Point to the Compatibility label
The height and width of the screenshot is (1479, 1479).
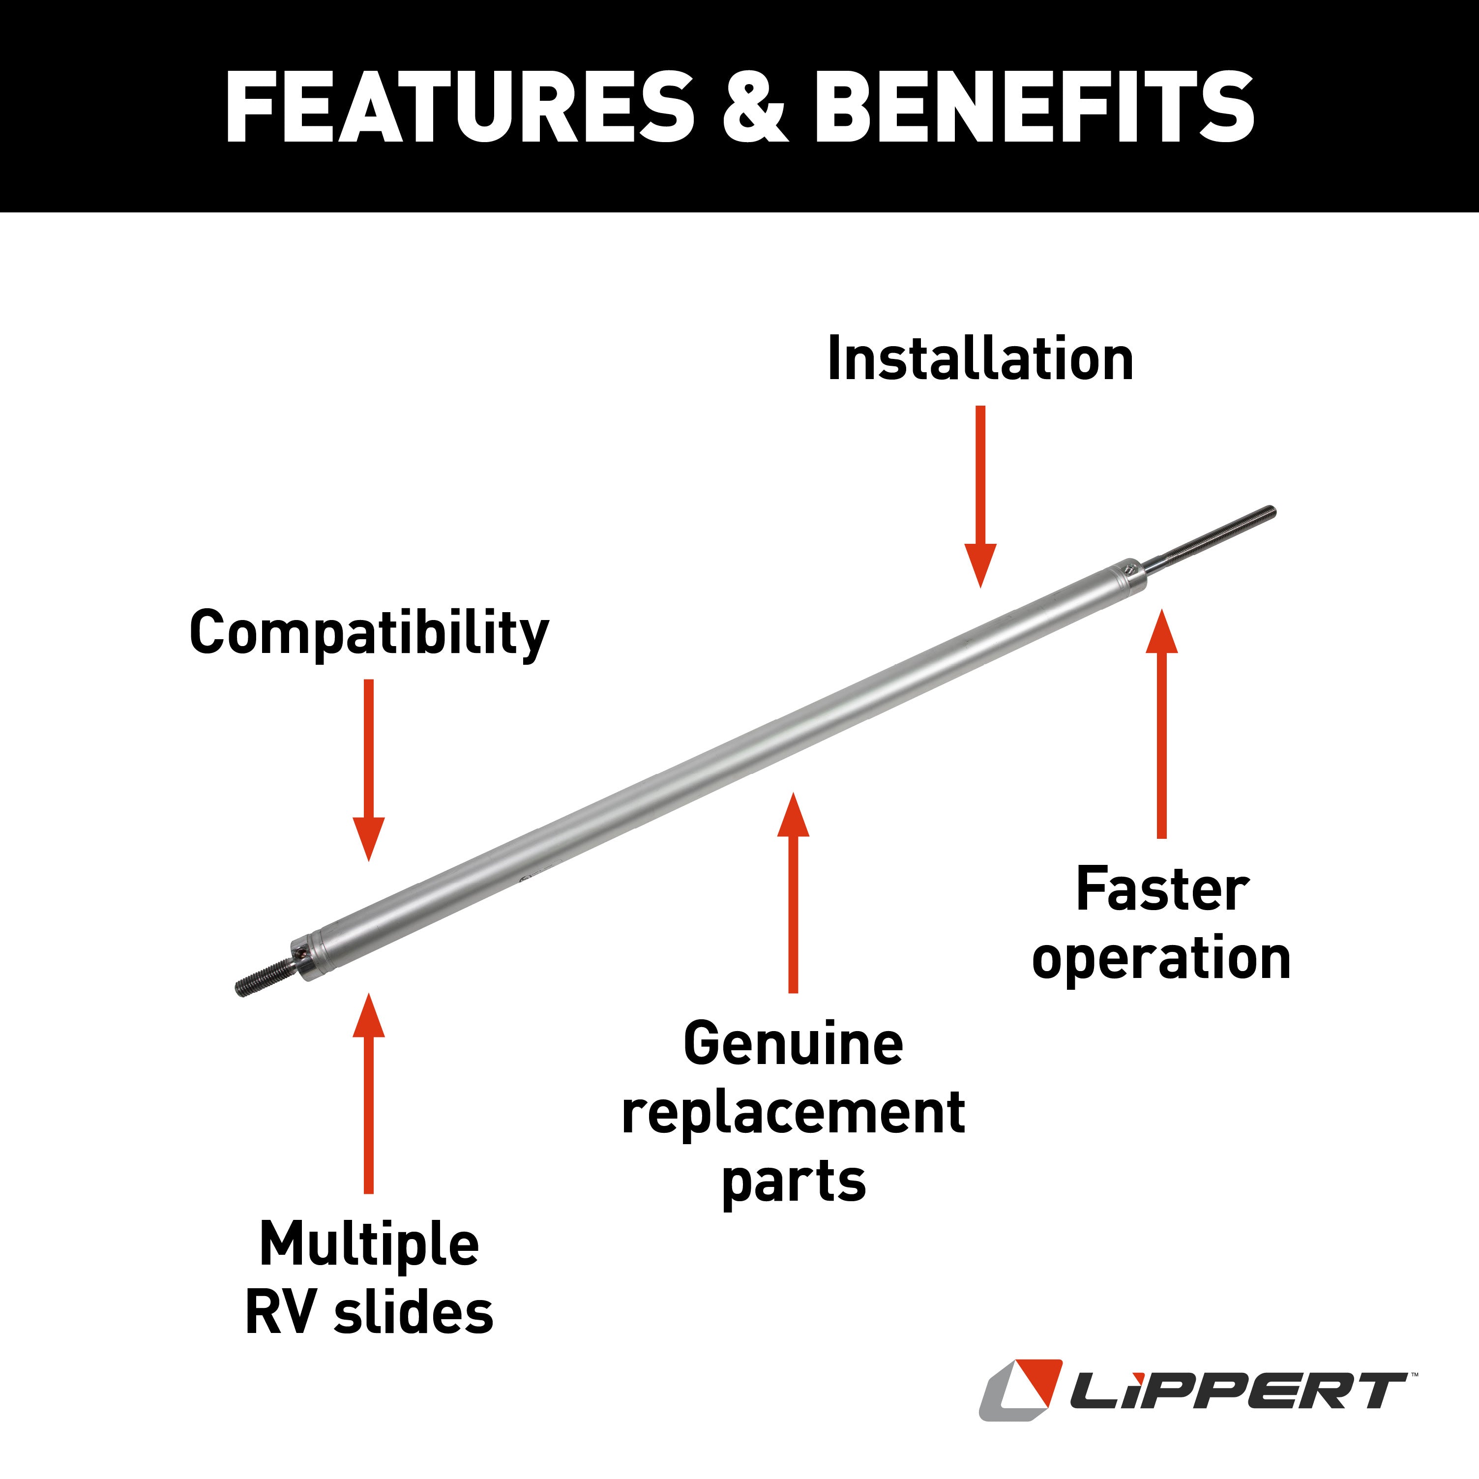pyautogui.click(x=369, y=634)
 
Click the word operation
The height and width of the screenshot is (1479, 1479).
pyautogui.click(x=1161, y=960)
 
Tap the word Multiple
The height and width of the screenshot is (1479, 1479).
pyautogui.click(x=369, y=1245)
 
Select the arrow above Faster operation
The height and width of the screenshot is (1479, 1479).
pyautogui.click(x=1162, y=723)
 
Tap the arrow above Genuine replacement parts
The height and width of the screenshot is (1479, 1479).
pyautogui.click(x=793, y=892)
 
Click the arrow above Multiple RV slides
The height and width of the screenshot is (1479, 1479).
pyautogui.click(x=369, y=1093)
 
